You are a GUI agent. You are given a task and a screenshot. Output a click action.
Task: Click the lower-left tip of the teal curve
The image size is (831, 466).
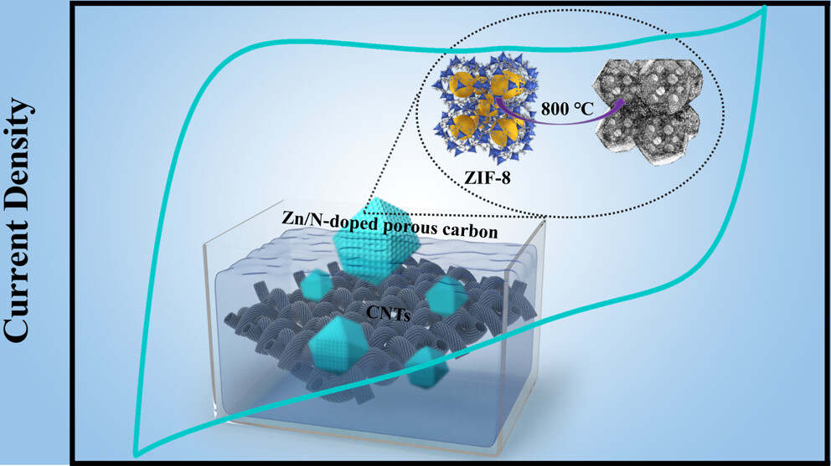(x=137, y=453)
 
